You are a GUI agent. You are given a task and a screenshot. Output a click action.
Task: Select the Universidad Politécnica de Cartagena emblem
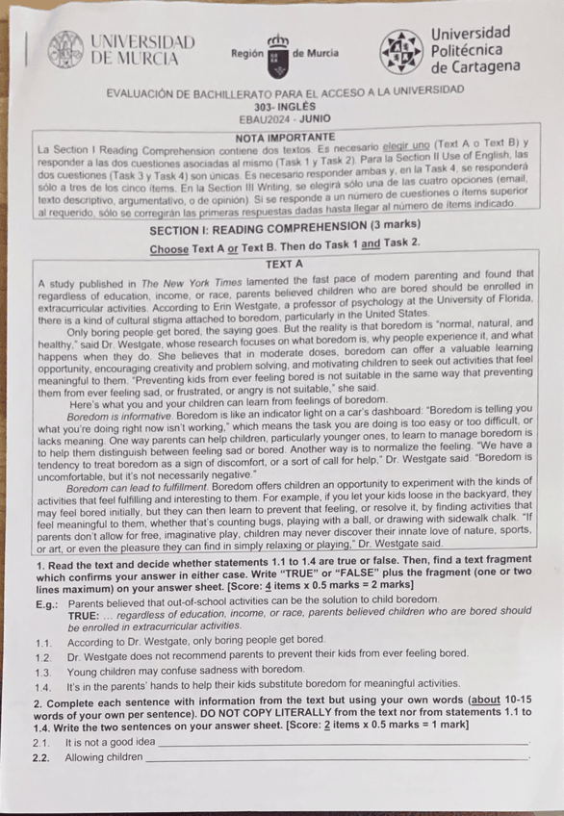[399, 51]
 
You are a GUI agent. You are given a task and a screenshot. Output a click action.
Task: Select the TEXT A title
[284, 263]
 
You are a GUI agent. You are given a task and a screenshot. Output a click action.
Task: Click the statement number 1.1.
[40, 640]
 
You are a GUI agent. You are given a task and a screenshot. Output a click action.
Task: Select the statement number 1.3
[40, 671]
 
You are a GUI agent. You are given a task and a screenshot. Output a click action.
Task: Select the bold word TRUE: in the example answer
[86, 613]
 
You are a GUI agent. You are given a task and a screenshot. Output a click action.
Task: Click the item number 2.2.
[40, 759]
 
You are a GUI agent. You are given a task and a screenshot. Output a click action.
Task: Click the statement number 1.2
[40, 655]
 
